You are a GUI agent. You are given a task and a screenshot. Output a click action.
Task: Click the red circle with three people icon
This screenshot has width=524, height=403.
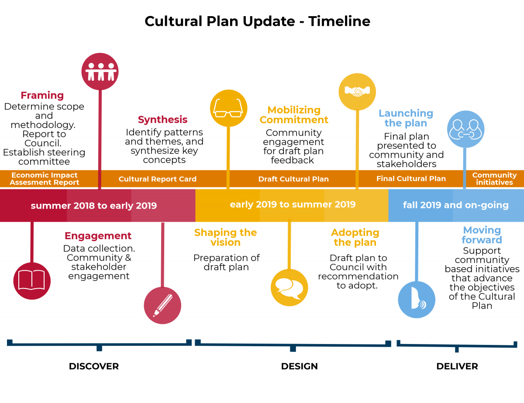pyautogui.click(x=100, y=72)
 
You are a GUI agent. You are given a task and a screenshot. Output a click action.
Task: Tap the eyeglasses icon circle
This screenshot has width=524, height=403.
pyautogui.click(x=229, y=108)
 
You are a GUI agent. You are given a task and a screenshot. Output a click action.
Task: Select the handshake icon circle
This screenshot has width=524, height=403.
pyautogui.click(x=357, y=92)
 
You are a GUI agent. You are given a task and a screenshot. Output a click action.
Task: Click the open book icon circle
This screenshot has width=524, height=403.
pyautogui.click(x=32, y=281)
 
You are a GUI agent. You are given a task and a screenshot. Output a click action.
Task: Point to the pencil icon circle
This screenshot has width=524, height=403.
pyautogui.click(x=162, y=305)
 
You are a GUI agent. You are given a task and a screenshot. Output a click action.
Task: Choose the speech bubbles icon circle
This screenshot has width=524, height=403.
pyautogui.click(x=290, y=288)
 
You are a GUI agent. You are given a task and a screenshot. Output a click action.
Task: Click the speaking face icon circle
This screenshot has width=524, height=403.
pyautogui.click(x=417, y=300)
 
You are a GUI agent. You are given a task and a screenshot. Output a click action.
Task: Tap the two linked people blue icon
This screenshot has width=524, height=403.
pyautogui.click(x=465, y=129)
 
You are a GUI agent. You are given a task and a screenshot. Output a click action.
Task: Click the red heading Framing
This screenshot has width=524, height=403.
pyautogui.click(x=42, y=96)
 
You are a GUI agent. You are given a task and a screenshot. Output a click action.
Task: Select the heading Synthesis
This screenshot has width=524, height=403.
pyautogui.click(x=162, y=120)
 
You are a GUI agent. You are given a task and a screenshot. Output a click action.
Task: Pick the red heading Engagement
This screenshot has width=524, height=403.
pyautogui.click(x=98, y=236)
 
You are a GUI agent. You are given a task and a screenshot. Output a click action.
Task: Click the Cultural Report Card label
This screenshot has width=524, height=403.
pyautogui.click(x=158, y=179)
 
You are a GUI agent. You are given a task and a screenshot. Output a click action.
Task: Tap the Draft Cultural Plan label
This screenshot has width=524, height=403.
pyautogui.click(x=293, y=179)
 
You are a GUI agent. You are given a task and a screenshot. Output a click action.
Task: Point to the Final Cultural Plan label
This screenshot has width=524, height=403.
pyautogui.click(x=411, y=179)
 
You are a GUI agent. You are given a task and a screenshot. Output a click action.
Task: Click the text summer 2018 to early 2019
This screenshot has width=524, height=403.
pyautogui.click(x=94, y=206)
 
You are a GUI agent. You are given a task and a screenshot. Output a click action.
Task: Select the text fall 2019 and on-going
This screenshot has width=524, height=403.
pyautogui.click(x=456, y=205)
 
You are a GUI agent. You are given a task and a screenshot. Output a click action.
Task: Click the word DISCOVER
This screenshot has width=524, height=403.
pyautogui.click(x=94, y=366)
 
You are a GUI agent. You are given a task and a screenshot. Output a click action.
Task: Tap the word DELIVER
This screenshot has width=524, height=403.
pyautogui.click(x=457, y=366)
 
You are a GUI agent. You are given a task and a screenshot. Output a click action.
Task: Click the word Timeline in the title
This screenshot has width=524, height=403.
pyautogui.click(x=339, y=21)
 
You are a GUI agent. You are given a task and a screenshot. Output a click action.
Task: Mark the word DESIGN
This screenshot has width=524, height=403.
pyautogui.click(x=299, y=366)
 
